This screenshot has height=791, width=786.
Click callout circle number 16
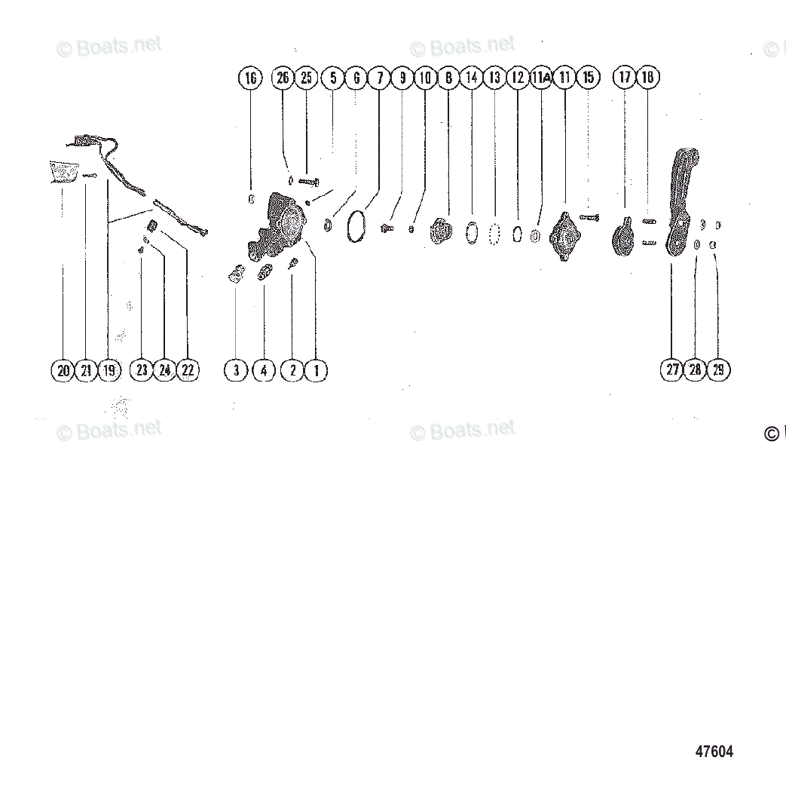251,78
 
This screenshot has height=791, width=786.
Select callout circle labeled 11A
541,78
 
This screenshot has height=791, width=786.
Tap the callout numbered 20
63,370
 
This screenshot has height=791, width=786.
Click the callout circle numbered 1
316,370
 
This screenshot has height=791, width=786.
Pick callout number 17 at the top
625,78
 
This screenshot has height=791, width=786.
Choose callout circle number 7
379,78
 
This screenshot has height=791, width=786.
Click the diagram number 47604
714,751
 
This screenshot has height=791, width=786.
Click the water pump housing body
283,222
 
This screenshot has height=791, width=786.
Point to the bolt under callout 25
309,181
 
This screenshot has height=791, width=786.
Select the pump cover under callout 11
563,234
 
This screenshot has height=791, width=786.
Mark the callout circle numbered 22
188,370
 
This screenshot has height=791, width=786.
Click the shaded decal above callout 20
64,171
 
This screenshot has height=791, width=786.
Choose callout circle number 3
236,370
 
